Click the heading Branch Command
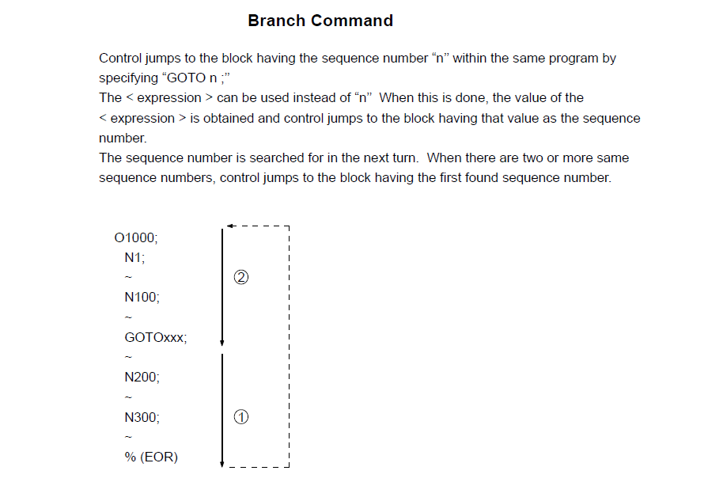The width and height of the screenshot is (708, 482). coord(320,21)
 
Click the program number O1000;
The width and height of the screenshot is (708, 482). coord(136,237)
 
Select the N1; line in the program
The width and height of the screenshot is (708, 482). coord(134,257)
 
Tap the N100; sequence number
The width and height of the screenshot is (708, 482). coord(142,298)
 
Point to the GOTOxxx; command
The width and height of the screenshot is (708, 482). coord(156,337)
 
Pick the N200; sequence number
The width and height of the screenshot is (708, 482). coord(142,378)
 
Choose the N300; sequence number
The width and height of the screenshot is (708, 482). coord(142,417)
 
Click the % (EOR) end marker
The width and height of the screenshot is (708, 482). coord(151,457)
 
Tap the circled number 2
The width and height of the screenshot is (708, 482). coord(241,277)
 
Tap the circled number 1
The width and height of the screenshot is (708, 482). coord(241,416)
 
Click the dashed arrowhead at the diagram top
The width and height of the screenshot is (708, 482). coord(230,226)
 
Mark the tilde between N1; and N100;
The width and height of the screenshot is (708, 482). coord(128,277)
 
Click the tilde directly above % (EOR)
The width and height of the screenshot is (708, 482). coord(128,437)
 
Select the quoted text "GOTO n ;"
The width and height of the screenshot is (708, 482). coord(196,78)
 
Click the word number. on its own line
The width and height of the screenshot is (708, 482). coord(123,138)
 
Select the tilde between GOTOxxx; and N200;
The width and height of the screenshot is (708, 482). coord(128,357)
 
